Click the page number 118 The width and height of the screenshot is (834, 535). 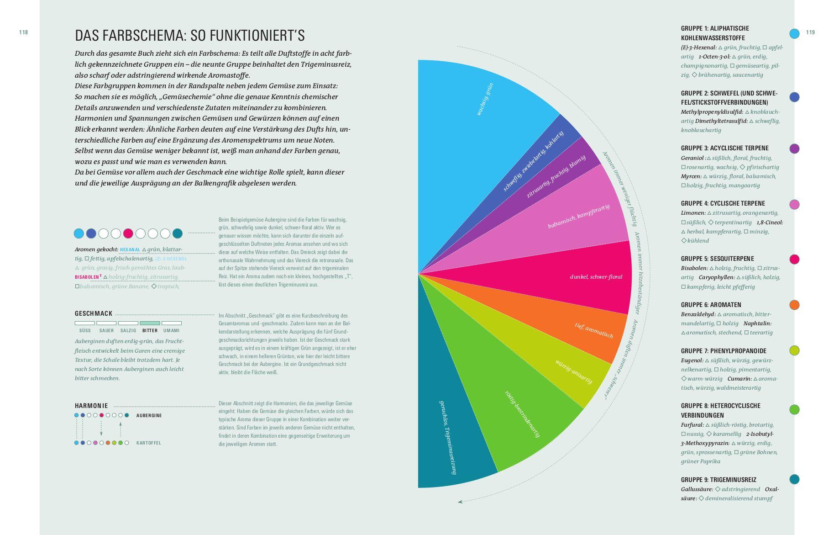[x=23, y=32]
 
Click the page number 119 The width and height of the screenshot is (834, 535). [x=810, y=32]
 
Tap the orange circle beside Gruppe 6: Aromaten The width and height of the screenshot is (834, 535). [x=794, y=305]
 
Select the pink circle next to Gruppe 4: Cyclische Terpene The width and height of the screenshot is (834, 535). [x=794, y=204]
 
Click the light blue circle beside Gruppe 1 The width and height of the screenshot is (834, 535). [x=794, y=33]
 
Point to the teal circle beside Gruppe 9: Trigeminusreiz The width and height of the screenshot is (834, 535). [x=794, y=479]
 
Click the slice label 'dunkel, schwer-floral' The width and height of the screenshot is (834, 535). [x=596, y=277]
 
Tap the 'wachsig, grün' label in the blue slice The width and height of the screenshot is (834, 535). [x=485, y=99]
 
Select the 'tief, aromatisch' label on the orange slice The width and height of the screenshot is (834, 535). [x=593, y=330]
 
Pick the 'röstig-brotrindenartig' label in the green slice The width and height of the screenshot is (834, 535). [x=522, y=414]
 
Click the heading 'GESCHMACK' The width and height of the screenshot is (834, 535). [x=94, y=313]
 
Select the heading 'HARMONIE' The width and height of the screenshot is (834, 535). [x=91, y=406]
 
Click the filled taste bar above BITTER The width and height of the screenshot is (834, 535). [x=150, y=323]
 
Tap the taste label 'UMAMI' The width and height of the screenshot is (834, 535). [x=171, y=330]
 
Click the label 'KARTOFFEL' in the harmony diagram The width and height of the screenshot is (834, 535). [x=148, y=443]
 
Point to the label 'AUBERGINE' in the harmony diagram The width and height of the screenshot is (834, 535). [x=149, y=415]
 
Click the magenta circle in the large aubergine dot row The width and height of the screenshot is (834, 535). [x=128, y=233]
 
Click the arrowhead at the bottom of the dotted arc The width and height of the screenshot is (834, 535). [x=460, y=502]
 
